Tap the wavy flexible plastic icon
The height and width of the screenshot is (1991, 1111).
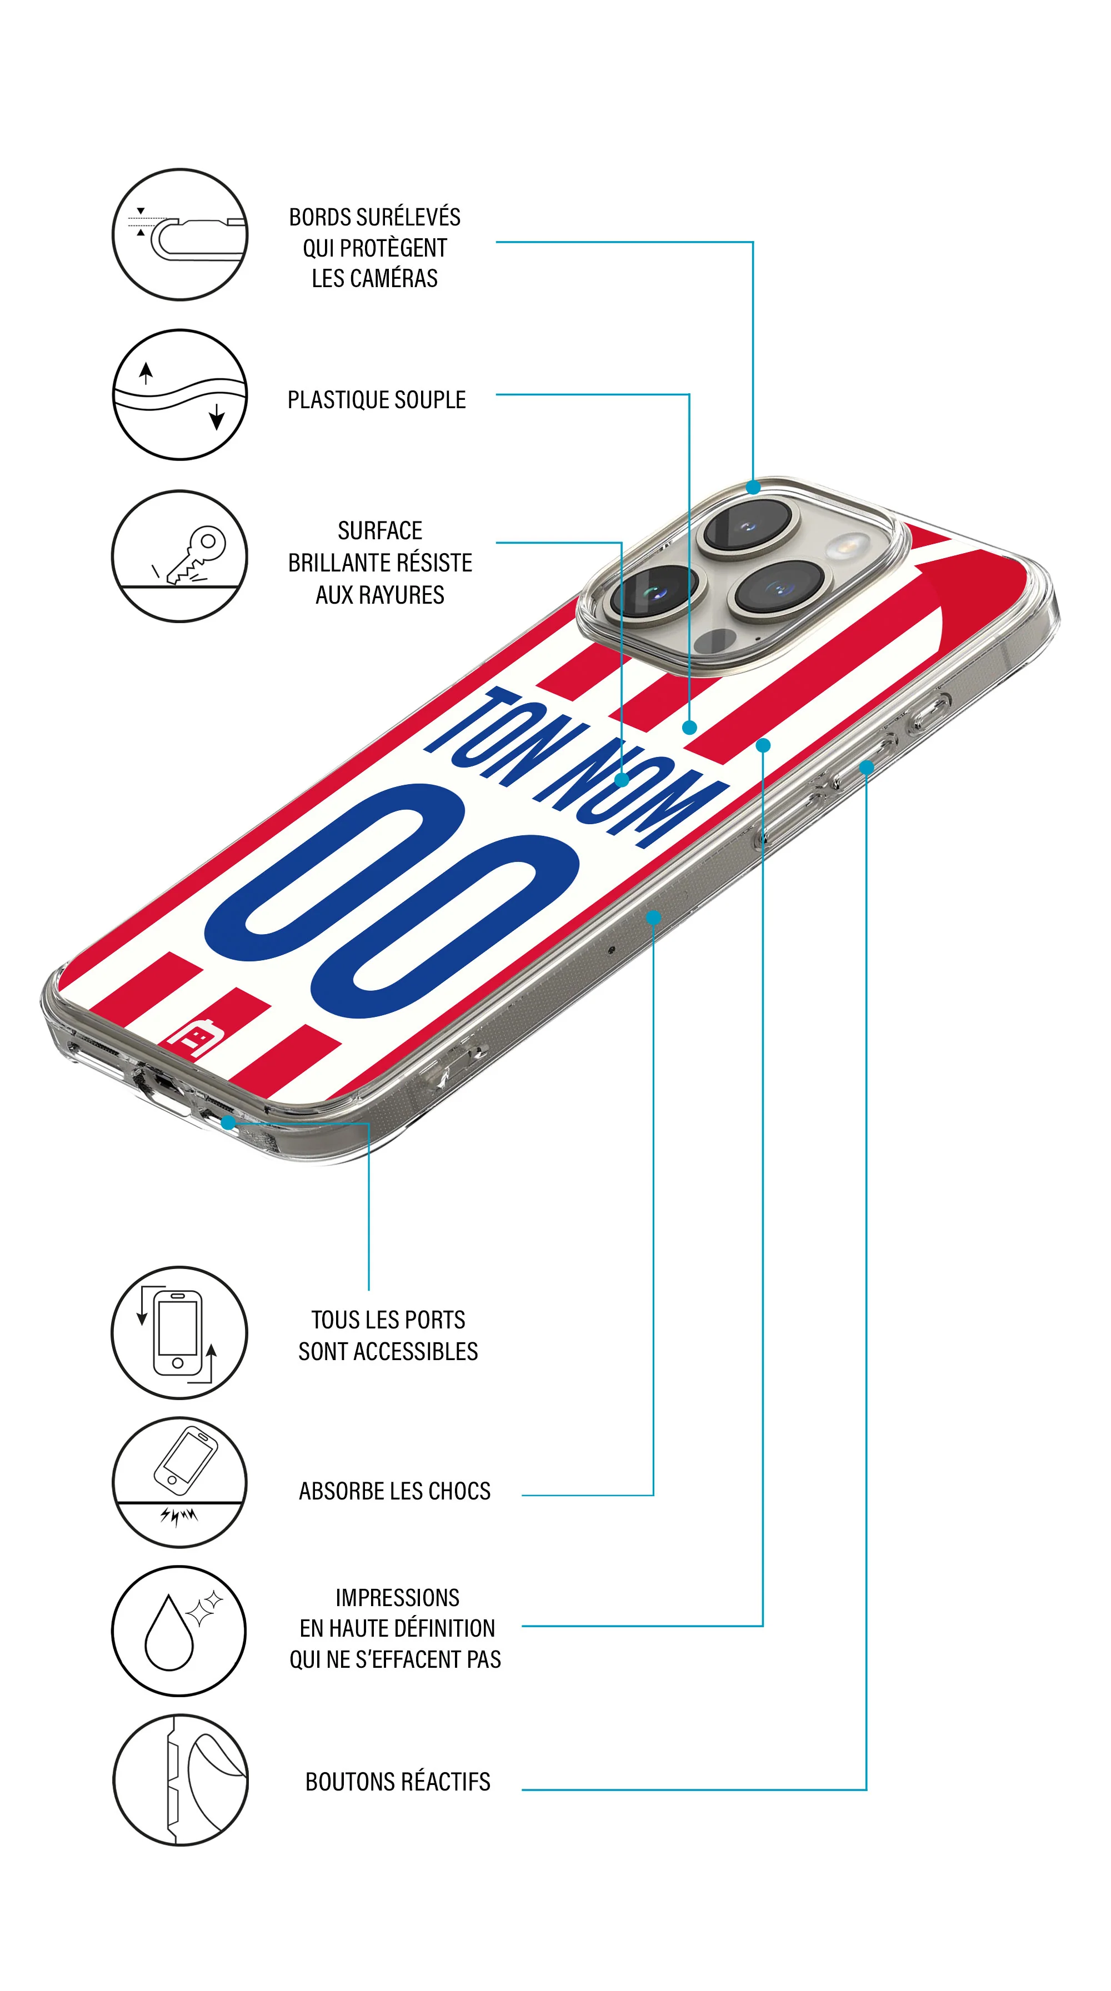(x=180, y=395)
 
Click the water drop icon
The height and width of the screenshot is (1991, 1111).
(x=169, y=1633)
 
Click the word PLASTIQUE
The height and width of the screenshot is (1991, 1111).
(x=338, y=400)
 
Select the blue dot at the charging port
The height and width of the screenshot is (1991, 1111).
(x=228, y=1121)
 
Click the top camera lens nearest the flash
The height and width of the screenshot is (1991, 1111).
(x=746, y=525)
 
